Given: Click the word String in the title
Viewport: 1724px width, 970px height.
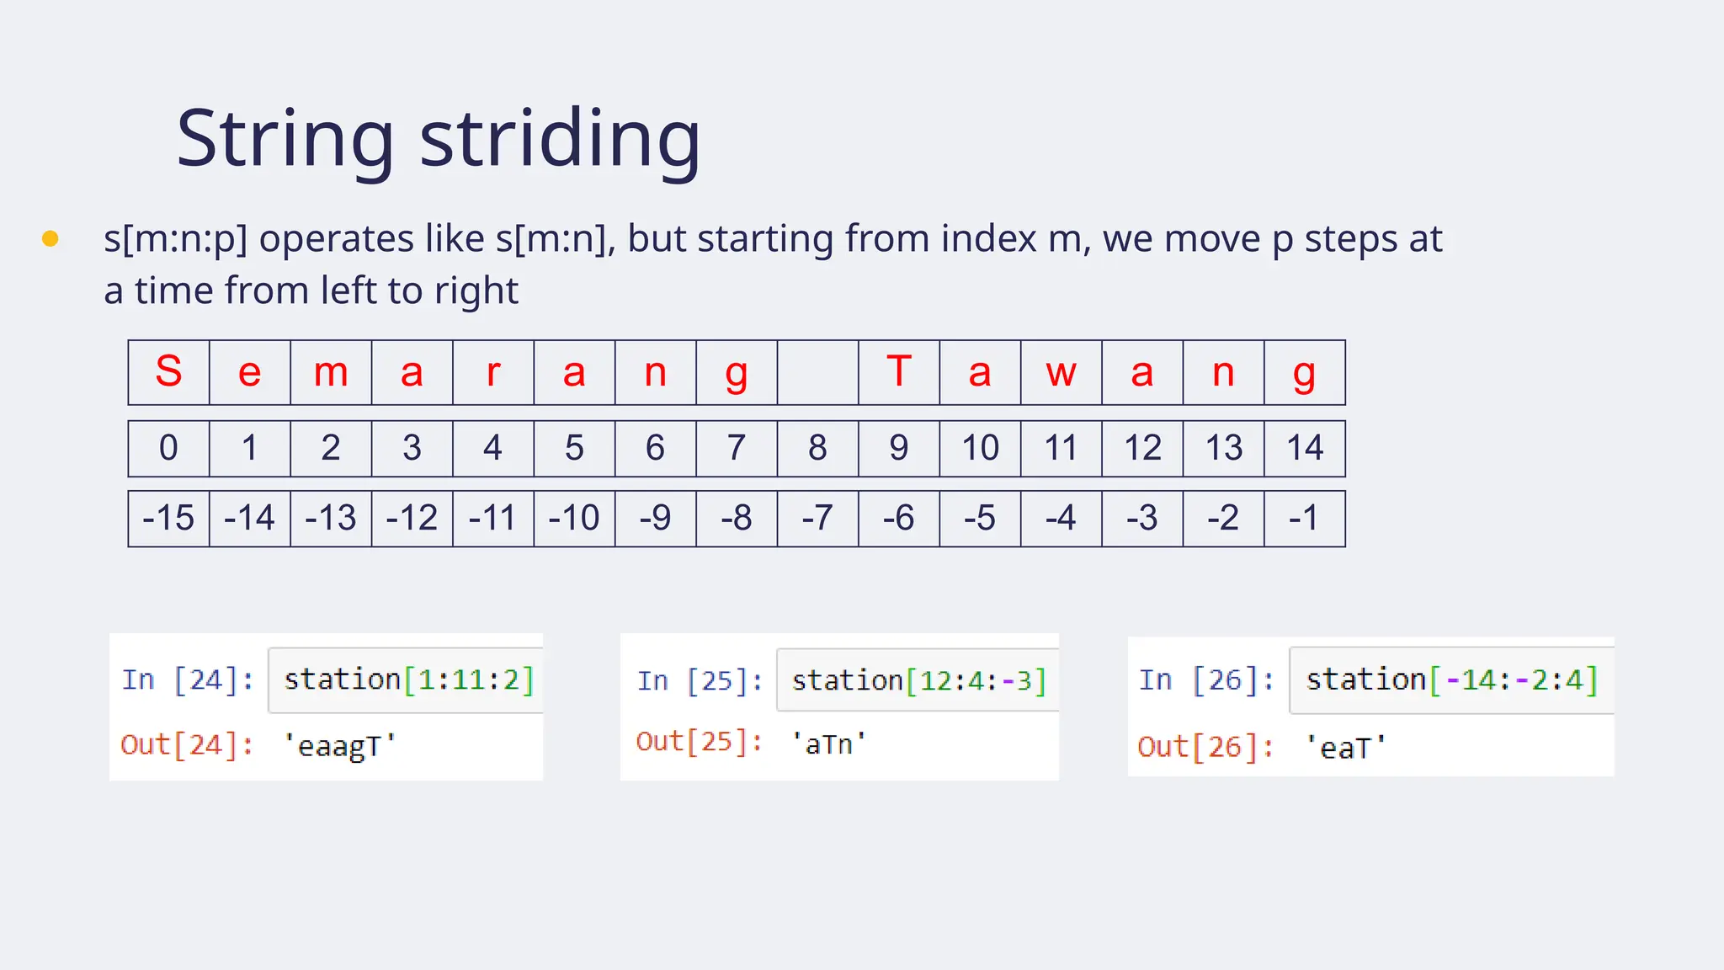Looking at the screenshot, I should click(285, 139).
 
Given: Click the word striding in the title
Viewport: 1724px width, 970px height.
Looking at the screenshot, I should click(560, 139).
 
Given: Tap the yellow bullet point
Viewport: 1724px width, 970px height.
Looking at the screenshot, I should click(51, 239).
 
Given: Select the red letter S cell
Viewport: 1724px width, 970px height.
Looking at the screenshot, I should click(168, 372).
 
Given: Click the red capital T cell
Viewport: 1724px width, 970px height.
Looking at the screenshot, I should click(898, 372).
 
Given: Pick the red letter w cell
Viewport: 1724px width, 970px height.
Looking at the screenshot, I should click(1061, 372).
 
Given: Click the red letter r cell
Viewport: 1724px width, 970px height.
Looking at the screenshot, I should click(493, 372).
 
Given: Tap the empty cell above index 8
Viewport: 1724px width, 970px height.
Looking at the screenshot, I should click(817, 372).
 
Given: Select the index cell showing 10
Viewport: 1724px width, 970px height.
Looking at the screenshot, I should click(980, 448).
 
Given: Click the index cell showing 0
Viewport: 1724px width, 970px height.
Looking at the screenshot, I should click(168, 448).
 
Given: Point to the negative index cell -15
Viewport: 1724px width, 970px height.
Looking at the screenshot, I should click(168, 518).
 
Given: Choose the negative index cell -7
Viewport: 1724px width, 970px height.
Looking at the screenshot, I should click(817, 518).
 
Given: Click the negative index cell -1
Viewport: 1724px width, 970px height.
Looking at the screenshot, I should click(1304, 518).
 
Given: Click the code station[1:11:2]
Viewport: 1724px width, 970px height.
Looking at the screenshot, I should click(409, 680).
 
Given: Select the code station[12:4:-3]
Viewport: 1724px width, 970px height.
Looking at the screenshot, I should click(918, 680).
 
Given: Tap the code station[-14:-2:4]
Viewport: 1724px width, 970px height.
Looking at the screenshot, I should click(1451, 680).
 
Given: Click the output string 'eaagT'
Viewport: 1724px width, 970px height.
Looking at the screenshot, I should click(339, 746).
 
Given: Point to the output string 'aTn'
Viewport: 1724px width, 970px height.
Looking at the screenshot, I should click(828, 743).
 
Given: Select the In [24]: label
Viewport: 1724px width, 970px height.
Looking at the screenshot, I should click(188, 680).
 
